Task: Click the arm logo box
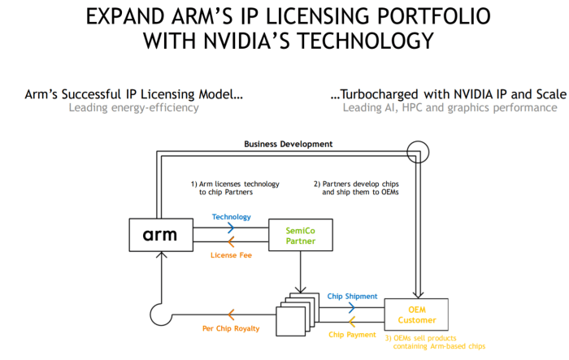160,236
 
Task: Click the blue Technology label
231,217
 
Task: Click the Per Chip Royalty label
231,328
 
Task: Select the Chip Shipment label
352,296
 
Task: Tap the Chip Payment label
352,334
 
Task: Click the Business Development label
289,144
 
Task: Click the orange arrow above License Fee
231,242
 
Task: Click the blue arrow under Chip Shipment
351,308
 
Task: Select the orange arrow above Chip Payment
351,321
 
